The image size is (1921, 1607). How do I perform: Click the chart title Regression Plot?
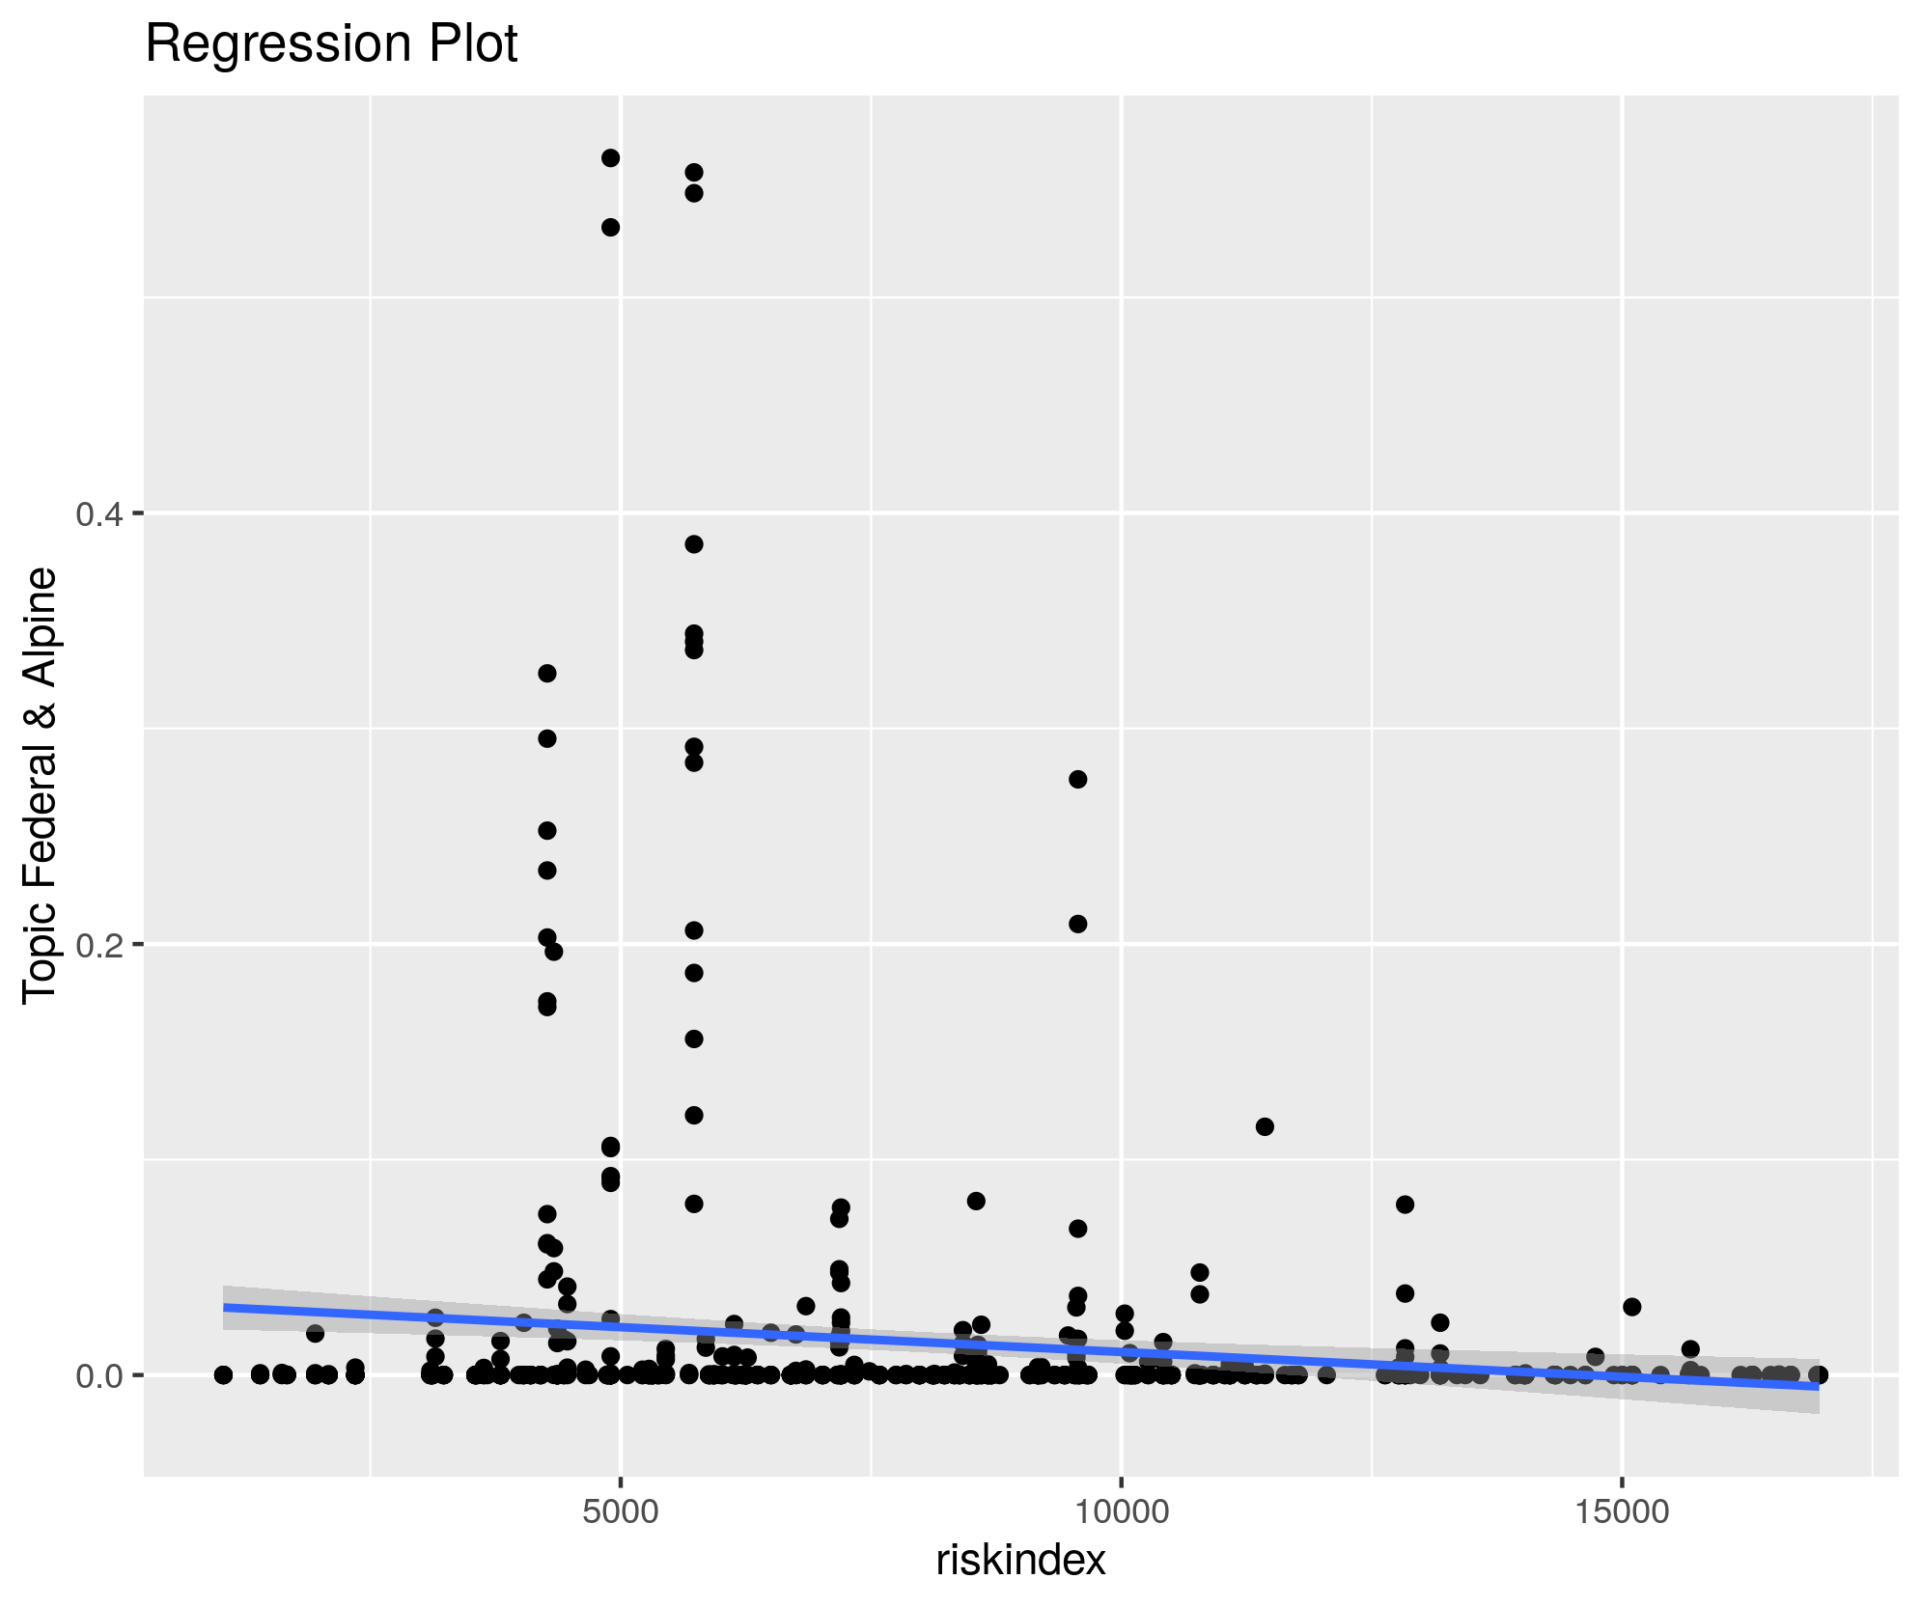click(x=331, y=44)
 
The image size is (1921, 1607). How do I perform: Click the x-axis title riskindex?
click(x=1020, y=1560)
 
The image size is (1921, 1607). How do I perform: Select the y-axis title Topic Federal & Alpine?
click(x=41, y=785)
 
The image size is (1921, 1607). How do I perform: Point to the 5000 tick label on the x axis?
click(x=620, y=1512)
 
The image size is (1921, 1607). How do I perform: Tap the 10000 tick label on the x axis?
click(x=1120, y=1512)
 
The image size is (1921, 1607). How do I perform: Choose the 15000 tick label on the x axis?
click(x=1622, y=1512)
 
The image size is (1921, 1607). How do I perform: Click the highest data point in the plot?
click(x=610, y=158)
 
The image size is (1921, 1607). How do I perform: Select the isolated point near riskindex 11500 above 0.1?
click(x=1265, y=1126)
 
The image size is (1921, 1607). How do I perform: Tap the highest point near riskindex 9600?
click(x=1078, y=779)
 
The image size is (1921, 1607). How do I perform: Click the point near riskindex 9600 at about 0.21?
click(x=1078, y=924)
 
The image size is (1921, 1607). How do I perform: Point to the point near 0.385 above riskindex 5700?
click(x=693, y=544)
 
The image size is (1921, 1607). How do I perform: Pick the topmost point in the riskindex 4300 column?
click(x=546, y=673)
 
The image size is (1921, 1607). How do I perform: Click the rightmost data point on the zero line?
click(x=1818, y=1374)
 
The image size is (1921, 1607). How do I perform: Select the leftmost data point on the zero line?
click(x=223, y=1374)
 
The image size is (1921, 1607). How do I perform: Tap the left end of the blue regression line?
click(x=225, y=1307)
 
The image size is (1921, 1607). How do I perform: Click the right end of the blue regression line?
click(x=1818, y=1386)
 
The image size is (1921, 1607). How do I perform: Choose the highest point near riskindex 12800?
click(x=1405, y=1204)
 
